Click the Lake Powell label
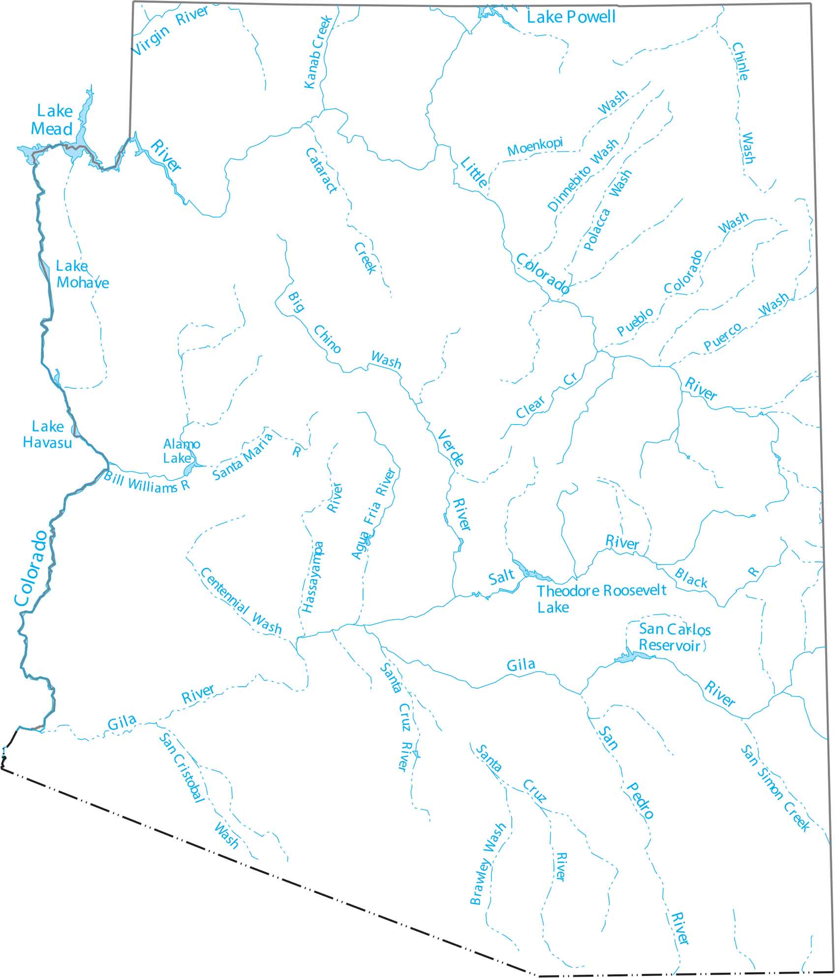[571, 18]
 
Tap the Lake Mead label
[52, 120]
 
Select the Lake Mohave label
[82, 275]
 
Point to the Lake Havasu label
[48, 434]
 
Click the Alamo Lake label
[182, 451]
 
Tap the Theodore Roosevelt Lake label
[601, 598]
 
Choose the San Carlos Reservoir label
[674, 637]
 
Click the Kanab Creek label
[318, 52]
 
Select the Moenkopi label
[535, 147]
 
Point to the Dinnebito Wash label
[583, 175]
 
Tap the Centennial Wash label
[241, 601]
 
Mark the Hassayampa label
[313, 577]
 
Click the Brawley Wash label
[488, 864]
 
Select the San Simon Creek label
[775, 788]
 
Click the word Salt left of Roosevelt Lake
[501, 577]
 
